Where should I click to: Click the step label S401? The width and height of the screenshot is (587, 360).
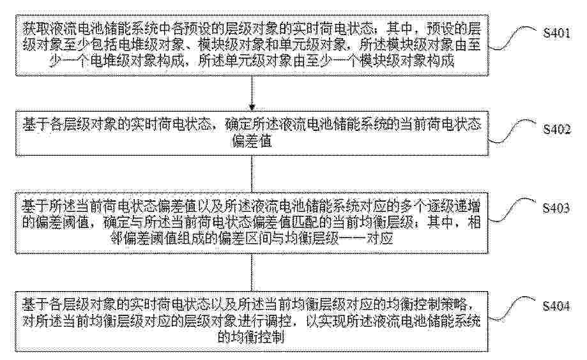click(x=557, y=33)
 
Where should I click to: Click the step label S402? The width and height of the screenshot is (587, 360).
click(x=557, y=130)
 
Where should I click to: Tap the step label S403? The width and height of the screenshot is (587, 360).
click(x=556, y=208)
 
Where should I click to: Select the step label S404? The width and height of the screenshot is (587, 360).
click(x=556, y=306)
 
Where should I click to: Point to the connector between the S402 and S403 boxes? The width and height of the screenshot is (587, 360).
click(x=252, y=174)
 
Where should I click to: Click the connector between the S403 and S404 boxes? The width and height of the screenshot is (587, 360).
click(x=252, y=273)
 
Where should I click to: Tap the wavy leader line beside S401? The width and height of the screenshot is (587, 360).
click(x=514, y=38)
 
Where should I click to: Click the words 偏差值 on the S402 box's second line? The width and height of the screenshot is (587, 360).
click(x=252, y=142)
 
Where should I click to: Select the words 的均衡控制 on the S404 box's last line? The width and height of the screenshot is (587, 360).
click(x=251, y=338)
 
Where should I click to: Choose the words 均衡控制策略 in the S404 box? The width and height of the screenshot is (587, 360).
click(x=427, y=305)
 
